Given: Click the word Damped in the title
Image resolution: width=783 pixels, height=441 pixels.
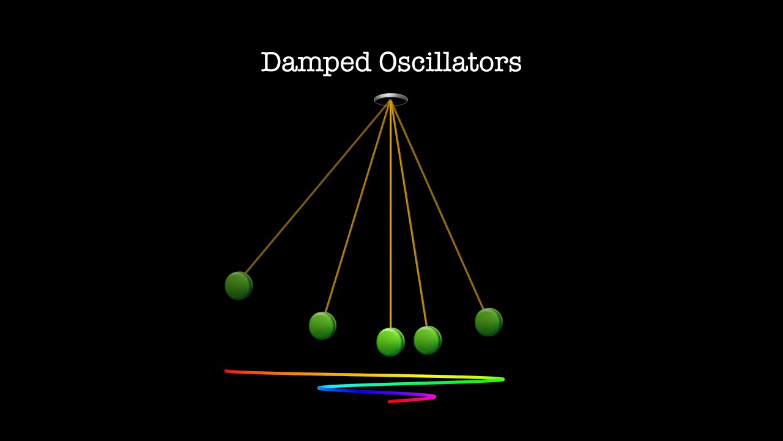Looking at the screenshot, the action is [x=315, y=62].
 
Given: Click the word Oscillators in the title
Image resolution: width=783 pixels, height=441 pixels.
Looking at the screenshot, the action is [x=450, y=62].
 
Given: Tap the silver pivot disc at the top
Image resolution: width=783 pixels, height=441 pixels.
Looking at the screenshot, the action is [x=391, y=99].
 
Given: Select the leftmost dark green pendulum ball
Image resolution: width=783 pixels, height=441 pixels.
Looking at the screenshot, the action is [x=239, y=285].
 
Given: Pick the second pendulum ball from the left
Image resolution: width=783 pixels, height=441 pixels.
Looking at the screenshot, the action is [x=322, y=325].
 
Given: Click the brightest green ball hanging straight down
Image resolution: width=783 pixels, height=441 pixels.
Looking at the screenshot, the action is [x=390, y=342].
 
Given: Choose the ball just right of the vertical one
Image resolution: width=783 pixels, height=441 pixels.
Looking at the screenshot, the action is [x=428, y=340].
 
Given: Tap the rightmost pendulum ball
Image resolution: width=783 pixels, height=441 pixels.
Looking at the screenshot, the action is [x=489, y=322].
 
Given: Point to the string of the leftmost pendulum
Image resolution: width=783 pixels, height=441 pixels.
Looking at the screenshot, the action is [x=315, y=190].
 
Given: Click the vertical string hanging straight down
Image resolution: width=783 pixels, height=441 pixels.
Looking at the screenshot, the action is [x=390, y=214].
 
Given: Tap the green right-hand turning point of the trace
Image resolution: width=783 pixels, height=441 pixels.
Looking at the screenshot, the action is [x=502, y=379].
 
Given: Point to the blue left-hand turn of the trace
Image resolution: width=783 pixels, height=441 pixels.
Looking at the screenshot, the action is [x=321, y=388].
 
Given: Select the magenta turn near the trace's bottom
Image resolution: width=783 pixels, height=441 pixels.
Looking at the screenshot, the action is [x=433, y=397].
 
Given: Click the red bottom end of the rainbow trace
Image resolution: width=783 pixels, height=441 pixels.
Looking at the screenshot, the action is [x=390, y=402].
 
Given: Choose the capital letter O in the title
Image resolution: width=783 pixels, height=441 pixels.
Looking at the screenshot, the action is [x=387, y=62].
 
